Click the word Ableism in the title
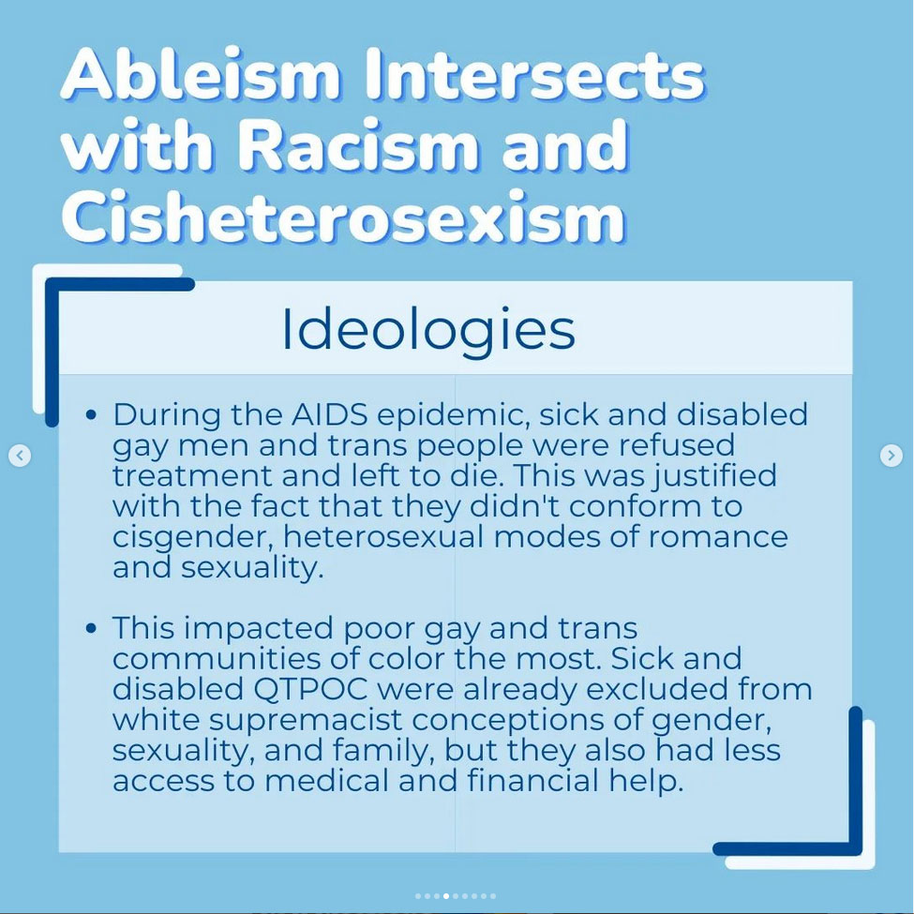click(200, 74)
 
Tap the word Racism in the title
click(358, 144)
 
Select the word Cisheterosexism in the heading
click(343, 216)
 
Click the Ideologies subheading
click(428, 330)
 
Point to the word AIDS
click(329, 414)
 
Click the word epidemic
click(454, 415)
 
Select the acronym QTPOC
click(310, 690)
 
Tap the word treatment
click(191, 475)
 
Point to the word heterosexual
click(383, 535)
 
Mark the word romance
click(718, 537)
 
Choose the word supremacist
click(306, 721)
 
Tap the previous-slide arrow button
click(20, 456)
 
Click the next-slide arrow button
click(891, 456)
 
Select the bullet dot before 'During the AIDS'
click(90, 415)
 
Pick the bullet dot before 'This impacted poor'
click(90, 628)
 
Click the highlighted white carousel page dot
click(446, 896)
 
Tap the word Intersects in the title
click(535, 74)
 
